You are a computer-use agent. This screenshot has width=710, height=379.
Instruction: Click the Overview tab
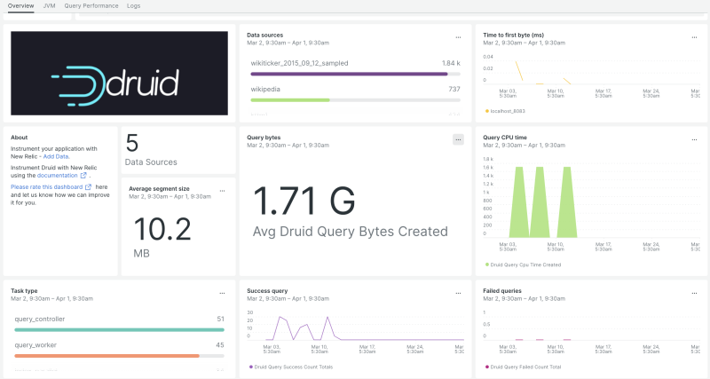(x=20, y=5)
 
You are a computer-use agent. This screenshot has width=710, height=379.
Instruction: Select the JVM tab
(x=49, y=5)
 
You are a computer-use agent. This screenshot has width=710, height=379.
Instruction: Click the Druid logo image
(x=119, y=73)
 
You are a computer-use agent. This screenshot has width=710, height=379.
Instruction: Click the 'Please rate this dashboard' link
(x=48, y=187)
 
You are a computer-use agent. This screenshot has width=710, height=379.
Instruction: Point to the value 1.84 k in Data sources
(x=451, y=63)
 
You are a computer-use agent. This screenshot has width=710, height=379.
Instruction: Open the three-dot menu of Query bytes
(x=458, y=139)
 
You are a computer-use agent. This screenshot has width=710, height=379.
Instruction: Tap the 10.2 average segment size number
(x=162, y=230)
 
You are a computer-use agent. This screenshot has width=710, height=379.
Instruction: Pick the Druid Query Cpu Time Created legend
(x=525, y=265)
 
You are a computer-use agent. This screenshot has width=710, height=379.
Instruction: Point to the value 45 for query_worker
(x=220, y=345)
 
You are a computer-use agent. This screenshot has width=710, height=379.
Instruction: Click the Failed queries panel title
(x=502, y=290)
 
